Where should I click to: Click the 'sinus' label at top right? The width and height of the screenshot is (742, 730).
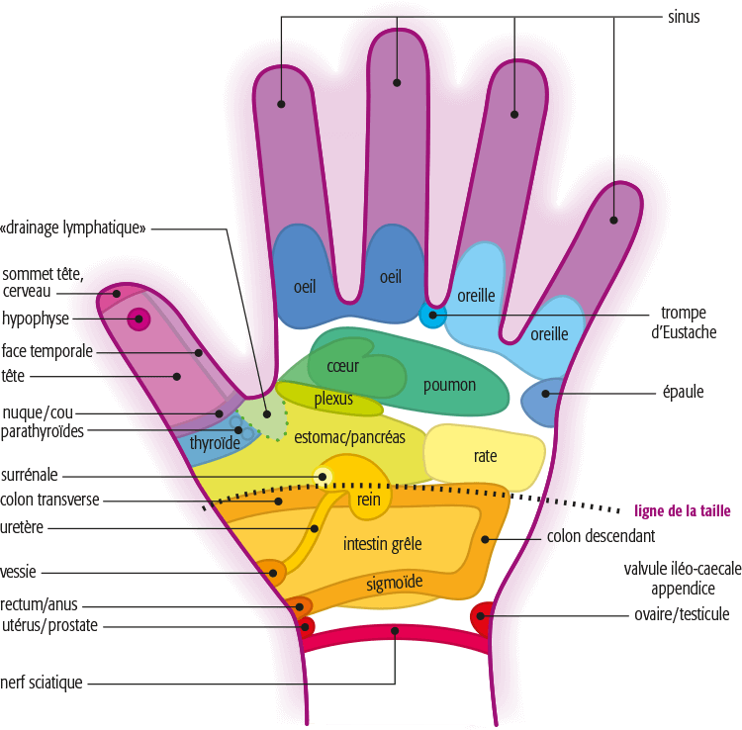point(684,17)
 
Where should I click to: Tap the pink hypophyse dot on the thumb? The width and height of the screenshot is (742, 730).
point(139,319)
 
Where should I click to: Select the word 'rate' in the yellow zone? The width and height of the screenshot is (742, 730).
point(485,456)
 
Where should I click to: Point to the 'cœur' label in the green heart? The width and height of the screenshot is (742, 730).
point(342,366)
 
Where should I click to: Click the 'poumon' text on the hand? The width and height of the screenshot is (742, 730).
point(449,386)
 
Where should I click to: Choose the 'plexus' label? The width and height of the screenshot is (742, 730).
point(333,399)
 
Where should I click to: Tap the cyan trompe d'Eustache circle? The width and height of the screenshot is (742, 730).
point(432,316)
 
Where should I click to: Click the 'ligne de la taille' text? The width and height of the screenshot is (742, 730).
point(683,511)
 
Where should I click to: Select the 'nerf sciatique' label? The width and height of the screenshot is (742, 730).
point(42,683)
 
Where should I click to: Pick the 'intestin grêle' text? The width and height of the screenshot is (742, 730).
point(382,544)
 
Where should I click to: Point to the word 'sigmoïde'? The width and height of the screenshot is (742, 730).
point(395,583)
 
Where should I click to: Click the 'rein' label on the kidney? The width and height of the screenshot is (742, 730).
point(369,500)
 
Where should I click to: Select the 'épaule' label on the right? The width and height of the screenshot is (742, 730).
point(683,393)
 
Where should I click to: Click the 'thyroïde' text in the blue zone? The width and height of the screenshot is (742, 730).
point(215,443)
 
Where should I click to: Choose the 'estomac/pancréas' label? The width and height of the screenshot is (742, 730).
point(349,437)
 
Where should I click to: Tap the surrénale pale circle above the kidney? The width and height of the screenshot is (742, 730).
point(323,477)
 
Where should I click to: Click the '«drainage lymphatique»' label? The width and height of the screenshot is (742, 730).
point(73,228)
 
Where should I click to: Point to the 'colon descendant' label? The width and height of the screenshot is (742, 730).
point(601,536)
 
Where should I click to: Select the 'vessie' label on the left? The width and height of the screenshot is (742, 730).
point(18,572)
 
